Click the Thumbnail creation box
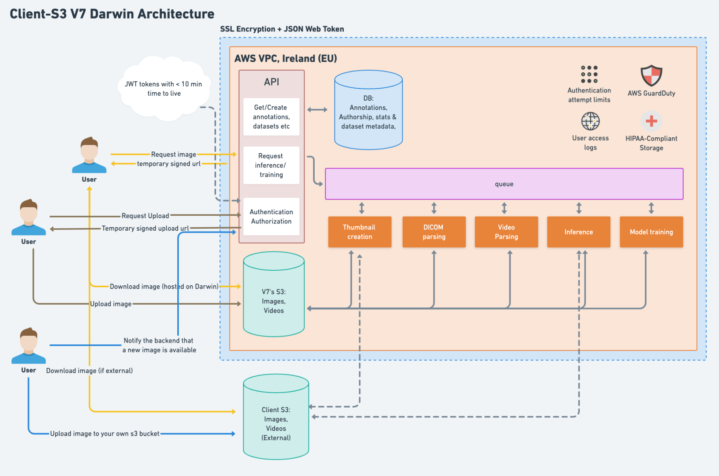[359, 232]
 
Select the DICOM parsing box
[434, 232]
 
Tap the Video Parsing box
[506, 232]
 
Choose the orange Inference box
[578, 232]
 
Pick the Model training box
[651, 232]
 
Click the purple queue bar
[504, 184]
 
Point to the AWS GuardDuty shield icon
[651, 76]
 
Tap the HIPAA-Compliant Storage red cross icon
[651, 121]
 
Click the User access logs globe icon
[590, 121]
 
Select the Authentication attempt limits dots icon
[589, 74]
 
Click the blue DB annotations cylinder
[368, 110]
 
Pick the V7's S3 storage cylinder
[273, 295]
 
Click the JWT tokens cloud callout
[164, 89]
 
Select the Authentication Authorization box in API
[271, 217]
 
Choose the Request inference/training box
[271, 165]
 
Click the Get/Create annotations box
[271, 117]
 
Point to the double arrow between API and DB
[317, 110]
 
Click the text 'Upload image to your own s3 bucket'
[105, 434]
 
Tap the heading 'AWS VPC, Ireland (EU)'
[286, 59]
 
